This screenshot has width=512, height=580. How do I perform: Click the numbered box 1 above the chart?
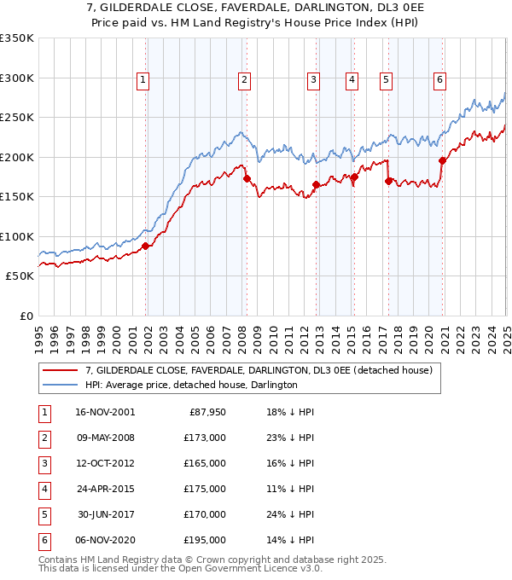[x=143, y=80]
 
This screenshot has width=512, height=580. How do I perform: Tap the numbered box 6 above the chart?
[x=439, y=80]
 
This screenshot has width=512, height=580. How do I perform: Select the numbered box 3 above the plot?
[x=313, y=80]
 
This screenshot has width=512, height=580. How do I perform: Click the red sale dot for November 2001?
[x=145, y=246]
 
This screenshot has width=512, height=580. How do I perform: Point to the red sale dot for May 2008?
[x=247, y=179]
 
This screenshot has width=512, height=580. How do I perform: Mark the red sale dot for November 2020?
[x=442, y=160]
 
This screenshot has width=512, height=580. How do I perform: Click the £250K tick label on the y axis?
[x=17, y=118]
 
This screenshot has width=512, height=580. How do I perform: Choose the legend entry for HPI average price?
[x=190, y=385]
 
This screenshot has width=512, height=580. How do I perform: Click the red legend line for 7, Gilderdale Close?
[x=60, y=370]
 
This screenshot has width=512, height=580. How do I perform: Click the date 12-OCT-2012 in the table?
[x=105, y=463]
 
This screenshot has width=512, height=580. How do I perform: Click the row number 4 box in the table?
[x=43, y=489]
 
